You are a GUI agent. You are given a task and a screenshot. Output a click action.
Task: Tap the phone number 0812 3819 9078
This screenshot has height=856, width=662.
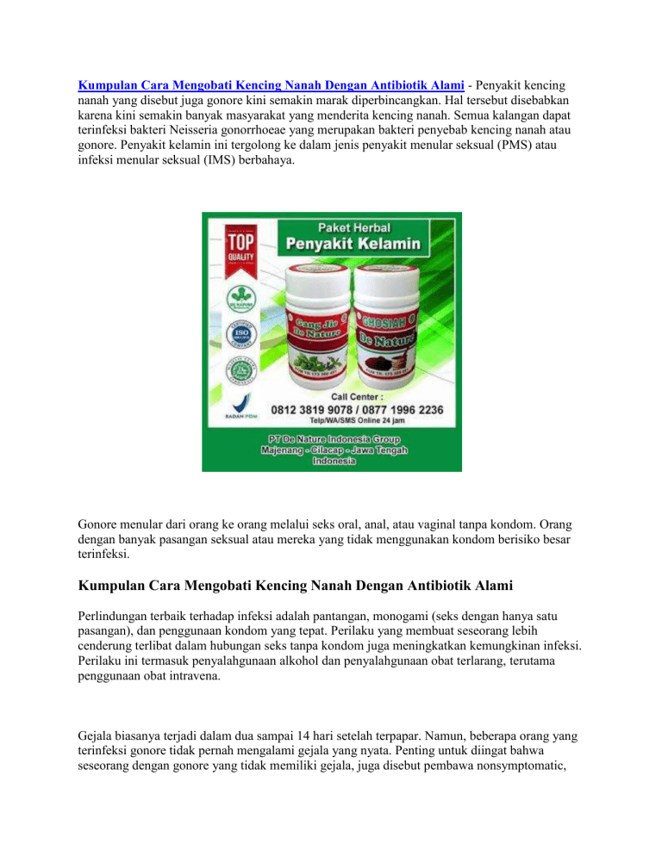click(319, 411)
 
